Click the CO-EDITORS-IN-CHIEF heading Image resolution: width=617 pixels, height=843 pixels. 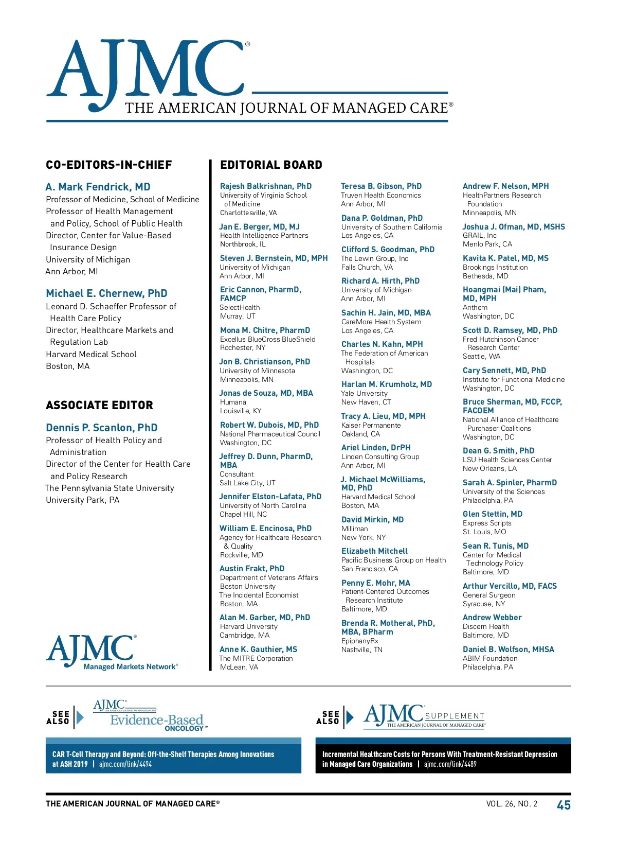[x=109, y=165]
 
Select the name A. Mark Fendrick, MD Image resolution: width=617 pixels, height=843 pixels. [x=98, y=187]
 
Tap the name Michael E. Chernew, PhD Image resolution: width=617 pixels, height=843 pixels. [x=106, y=293]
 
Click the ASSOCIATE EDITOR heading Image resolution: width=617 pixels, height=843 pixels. [x=100, y=406]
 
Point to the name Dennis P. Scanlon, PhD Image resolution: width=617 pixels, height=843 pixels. [x=102, y=428]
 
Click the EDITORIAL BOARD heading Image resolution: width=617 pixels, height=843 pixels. [x=271, y=165]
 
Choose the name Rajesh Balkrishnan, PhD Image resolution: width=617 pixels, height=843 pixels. [x=266, y=186]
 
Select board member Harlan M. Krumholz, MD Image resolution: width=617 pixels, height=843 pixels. [x=387, y=384]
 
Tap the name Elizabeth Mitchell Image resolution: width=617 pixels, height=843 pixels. [x=374, y=551]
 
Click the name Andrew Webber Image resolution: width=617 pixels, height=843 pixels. [x=492, y=618]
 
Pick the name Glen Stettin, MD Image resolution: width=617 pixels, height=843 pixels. [x=493, y=514]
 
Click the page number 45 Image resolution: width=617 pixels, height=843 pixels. [x=564, y=805]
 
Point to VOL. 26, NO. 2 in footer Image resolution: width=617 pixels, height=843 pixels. [x=512, y=804]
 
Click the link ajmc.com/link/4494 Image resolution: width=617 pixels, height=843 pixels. [x=125, y=764]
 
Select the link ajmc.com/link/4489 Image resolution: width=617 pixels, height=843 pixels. [x=450, y=764]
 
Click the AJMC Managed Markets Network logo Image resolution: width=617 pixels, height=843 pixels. [x=112, y=653]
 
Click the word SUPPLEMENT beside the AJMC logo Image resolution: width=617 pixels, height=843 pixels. [x=455, y=716]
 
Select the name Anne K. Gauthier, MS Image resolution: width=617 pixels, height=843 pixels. [x=258, y=649]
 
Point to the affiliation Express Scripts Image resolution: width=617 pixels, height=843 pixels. [x=487, y=523]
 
